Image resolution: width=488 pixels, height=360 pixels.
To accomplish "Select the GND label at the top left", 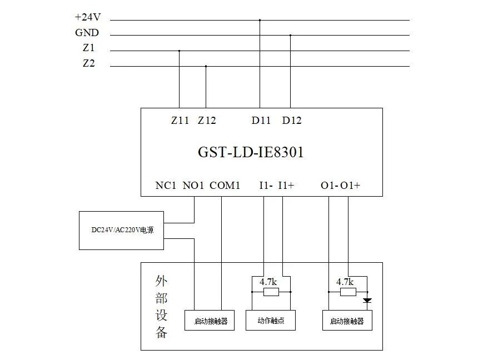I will click(x=87, y=33).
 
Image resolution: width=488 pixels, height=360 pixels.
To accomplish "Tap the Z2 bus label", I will click(x=88, y=63).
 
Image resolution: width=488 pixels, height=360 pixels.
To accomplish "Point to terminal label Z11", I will click(x=180, y=120).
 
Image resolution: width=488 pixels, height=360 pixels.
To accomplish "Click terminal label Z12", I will click(x=207, y=120).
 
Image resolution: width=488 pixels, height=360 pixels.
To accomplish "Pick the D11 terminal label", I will click(x=261, y=120).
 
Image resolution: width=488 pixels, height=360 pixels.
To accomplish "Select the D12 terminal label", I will click(x=292, y=120).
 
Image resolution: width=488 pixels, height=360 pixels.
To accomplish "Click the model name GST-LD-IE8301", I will click(x=251, y=152).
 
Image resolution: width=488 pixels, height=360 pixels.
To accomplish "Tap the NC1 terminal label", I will click(x=166, y=186).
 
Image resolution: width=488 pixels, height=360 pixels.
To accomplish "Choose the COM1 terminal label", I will click(x=225, y=186).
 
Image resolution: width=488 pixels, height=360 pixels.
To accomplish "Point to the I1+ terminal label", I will click(x=286, y=186).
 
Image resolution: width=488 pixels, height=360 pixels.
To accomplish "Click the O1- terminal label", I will click(x=329, y=186).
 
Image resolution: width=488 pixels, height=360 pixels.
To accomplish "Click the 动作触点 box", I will click(x=271, y=321).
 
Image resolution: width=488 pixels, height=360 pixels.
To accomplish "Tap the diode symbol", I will click(x=367, y=301).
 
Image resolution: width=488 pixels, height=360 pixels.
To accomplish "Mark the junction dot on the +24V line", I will click(x=260, y=20).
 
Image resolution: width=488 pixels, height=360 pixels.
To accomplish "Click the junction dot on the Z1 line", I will click(x=179, y=51).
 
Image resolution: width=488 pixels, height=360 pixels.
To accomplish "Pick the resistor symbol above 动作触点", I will click(x=271, y=292).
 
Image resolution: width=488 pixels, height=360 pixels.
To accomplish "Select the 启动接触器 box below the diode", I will click(x=347, y=321).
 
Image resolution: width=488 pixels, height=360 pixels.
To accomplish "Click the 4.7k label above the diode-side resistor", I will click(x=345, y=282).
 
